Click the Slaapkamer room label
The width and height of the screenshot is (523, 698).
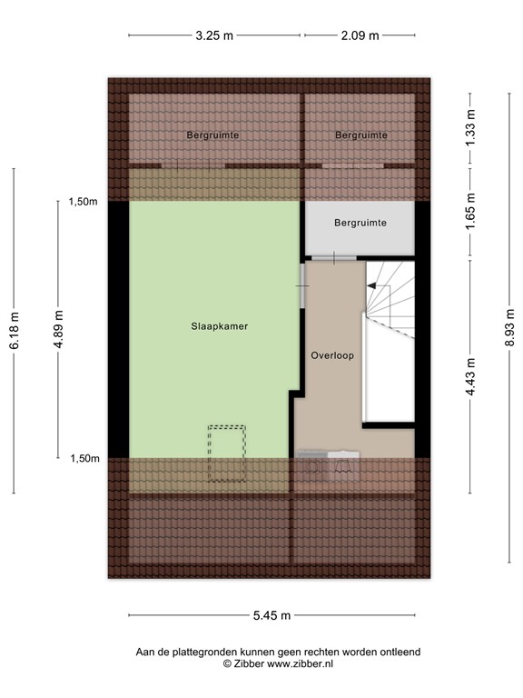tap(220, 325)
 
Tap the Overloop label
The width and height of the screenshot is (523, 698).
tap(331, 355)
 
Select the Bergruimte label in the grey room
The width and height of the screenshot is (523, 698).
tap(360, 223)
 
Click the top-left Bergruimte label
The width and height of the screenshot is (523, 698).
tap(213, 135)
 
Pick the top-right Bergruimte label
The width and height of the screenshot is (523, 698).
tap(361, 135)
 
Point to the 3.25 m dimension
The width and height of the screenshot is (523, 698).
tap(214, 36)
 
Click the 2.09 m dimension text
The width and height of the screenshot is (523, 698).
tap(360, 36)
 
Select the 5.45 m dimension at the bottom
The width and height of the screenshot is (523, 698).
tap(271, 615)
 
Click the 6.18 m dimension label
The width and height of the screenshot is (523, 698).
tap(14, 330)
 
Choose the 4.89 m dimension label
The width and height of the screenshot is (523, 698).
tap(58, 330)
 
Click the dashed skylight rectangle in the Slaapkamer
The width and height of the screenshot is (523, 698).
tap(227, 453)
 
